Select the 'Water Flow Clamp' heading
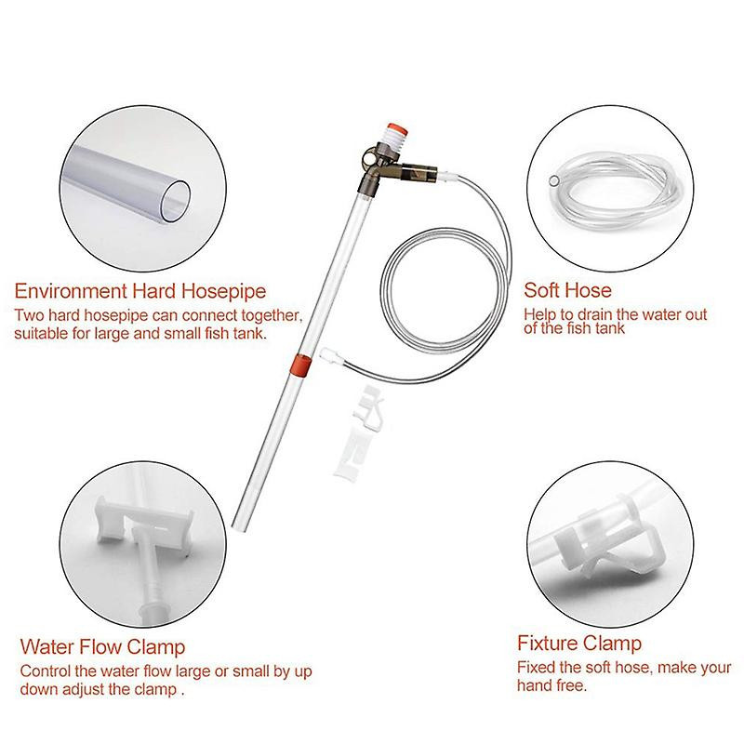pyautogui.click(x=102, y=645)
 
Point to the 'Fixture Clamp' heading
pyautogui.click(x=579, y=643)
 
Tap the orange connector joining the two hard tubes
pyautogui.click(x=299, y=364)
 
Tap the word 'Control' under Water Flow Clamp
pyautogui.click(x=43, y=671)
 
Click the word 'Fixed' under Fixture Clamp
pyautogui.click(x=537, y=668)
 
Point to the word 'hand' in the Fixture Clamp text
pyautogui.click(x=535, y=685)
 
